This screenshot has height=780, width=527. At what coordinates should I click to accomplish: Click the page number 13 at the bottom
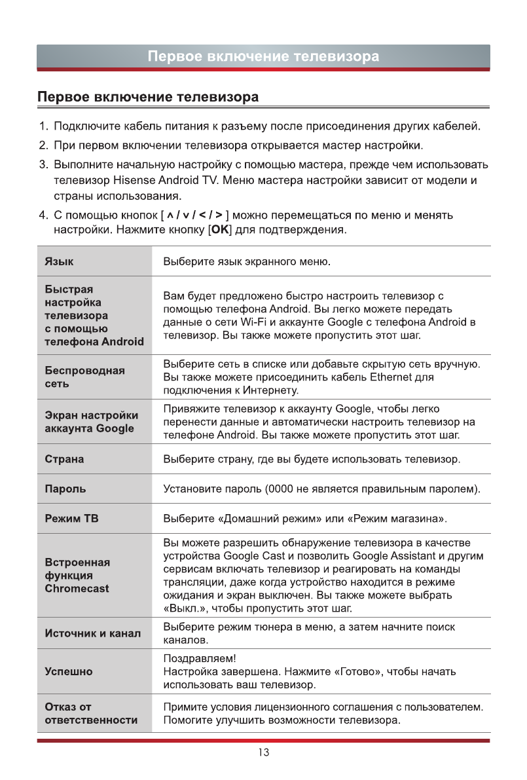pyautogui.click(x=263, y=752)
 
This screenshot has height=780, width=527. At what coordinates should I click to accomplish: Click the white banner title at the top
pyautogui.click(x=263, y=56)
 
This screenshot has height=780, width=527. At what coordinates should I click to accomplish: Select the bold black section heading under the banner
pyautogui.click(x=148, y=98)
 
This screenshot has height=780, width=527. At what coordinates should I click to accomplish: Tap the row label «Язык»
pyautogui.click(x=59, y=261)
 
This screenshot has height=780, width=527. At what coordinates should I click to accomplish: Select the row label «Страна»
pyautogui.click(x=64, y=459)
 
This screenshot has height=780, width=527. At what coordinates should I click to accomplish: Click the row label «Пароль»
pyautogui.click(x=65, y=489)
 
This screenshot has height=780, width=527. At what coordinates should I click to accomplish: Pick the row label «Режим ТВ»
pyautogui.click(x=71, y=519)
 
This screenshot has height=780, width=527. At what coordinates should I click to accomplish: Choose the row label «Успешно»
pyautogui.click(x=69, y=671)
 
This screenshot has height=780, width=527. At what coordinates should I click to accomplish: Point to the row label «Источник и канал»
pyautogui.click(x=92, y=633)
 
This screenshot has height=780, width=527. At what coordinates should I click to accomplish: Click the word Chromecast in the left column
pyautogui.click(x=77, y=588)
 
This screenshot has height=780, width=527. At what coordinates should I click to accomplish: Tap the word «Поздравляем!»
pyautogui.click(x=198, y=658)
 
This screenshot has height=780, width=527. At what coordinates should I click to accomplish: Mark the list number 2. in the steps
pyautogui.click(x=43, y=143)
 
